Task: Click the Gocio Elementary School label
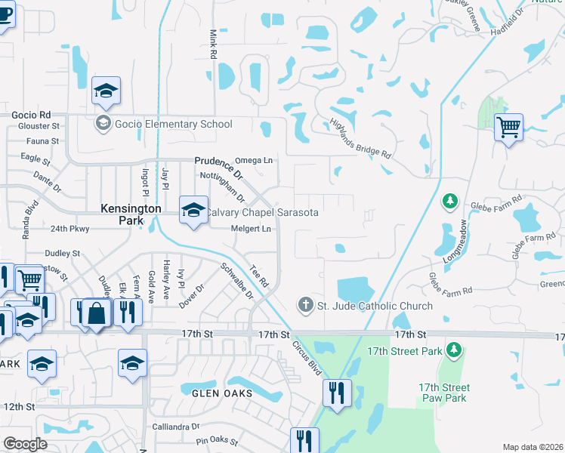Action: [x=173, y=124]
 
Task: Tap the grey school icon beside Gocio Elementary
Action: [x=103, y=124]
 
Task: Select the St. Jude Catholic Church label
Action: [x=375, y=306]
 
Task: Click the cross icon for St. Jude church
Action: [x=306, y=306]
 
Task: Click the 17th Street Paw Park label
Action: [x=443, y=393]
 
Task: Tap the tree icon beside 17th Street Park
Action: [x=453, y=350]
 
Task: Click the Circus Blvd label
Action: [x=307, y=357]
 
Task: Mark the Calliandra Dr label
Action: [x=174, y=427]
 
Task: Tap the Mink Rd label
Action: [x=213, y=45]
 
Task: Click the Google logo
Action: [x=25, y=443]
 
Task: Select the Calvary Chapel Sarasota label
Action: [x=262, y=213]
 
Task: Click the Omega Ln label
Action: [x=254, y=160]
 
